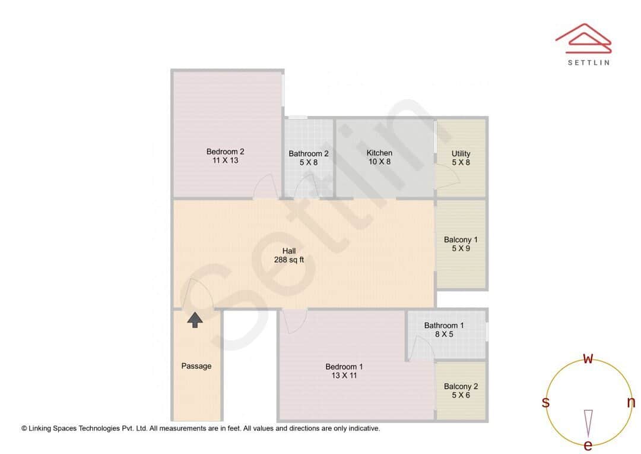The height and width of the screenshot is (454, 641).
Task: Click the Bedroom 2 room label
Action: (x=226, y=151)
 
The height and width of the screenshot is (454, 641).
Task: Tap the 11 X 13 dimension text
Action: (x=226, y=160)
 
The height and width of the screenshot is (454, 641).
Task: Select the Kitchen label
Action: (x=379, y=153)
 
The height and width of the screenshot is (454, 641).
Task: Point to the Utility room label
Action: (x=461, y=153)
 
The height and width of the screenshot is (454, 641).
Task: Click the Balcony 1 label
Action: (x=461, y=239)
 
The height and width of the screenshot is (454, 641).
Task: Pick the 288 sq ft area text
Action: (x=289, y=260)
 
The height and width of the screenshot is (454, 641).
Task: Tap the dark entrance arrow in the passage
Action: (x=195, y=320)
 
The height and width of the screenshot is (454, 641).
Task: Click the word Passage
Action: (x=196, y=366)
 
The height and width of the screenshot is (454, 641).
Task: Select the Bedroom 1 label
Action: (x=344, y=367)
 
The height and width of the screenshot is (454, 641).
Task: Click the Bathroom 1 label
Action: (x=444, y=325)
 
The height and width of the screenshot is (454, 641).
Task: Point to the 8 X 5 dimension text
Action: (x=444, y=335)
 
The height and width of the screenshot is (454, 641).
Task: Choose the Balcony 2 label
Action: (x=461, y=386)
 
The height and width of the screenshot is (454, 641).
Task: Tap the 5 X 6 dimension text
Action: (x=461, y=395)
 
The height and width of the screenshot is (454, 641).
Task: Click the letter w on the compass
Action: (x=588, y=358)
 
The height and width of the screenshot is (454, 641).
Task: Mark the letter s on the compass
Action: (x=545, y=402)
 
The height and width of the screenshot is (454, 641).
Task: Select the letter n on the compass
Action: (x=631, y=402)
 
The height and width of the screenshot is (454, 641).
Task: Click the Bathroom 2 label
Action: (x=309, y=153)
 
